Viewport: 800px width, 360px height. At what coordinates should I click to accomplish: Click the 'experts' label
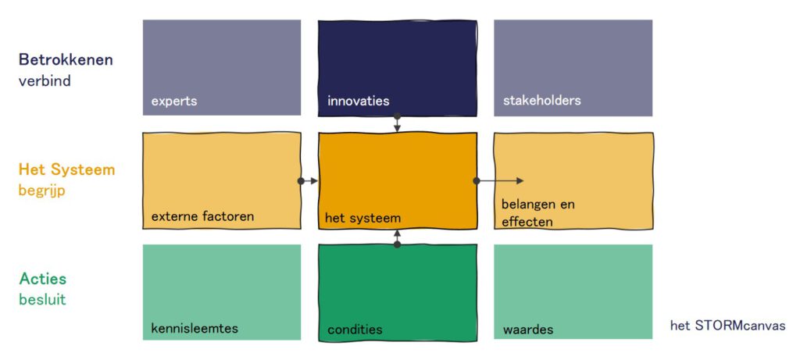pyautogui.click(x=174, y=101)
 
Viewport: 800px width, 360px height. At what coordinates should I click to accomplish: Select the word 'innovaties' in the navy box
pyautogui.click(x=358, y=101)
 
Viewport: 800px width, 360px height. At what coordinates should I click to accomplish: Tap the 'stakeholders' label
pyautogui.click(x=541, y=101)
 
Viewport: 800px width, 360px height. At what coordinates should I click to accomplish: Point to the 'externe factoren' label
pyautogui.click(x=202, y=216)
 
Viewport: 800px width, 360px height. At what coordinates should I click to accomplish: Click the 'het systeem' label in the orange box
pyautogui.click(x=363, y=219)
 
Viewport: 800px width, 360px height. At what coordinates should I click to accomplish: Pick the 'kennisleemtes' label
pyautogui.click(x=195, y=329)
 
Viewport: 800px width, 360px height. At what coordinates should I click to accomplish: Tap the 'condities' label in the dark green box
pyautogui.click(x=355, y=330)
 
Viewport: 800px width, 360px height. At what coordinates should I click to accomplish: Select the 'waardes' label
pyautogui.click(x=528, y=330)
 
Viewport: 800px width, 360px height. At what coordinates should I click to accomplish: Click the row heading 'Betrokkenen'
pyautogui.click(x=66, y=60)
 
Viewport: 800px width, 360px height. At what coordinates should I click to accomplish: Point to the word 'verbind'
pyautogui.click(x=45, y=80)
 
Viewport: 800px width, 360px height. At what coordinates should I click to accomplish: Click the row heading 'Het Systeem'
pyautogui.click(x=66, y=169)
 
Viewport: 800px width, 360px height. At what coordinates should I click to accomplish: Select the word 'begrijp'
pyautogui.click(x=41, y=190)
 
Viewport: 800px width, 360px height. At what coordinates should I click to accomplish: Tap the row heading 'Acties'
pyautogui.click(x=42, y=279)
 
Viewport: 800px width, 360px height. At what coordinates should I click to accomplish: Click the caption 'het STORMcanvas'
pyautogui.click(x=727, y=326)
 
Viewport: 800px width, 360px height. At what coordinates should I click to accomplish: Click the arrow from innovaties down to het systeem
pyautogui.click(x=397, y=123)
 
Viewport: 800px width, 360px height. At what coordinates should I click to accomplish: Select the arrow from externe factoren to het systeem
pyautogui.click(x=309, y=181)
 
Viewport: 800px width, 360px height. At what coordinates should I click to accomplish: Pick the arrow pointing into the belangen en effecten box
pyautogui.click(x=500, y=181)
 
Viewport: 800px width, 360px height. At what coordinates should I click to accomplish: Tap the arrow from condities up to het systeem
pyautogui.click(x=397, y=237)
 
